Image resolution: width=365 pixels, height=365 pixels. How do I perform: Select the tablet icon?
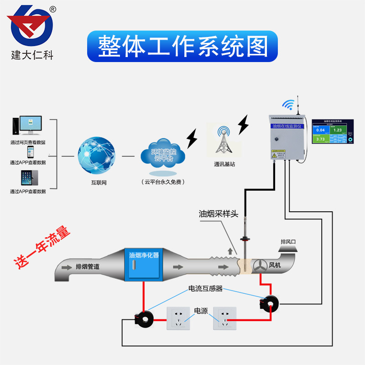coord(27,177)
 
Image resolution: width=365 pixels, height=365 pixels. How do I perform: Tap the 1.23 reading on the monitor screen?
coord(337,130)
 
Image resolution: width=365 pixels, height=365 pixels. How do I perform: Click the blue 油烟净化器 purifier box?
coord(144,264)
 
